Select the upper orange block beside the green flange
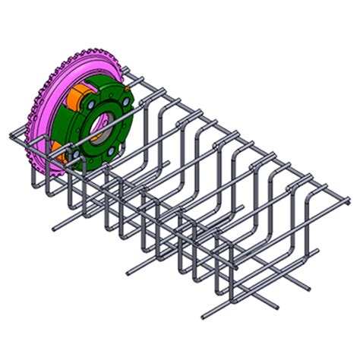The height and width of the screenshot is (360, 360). click(x=75, y=99)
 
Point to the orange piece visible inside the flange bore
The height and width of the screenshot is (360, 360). click(x=97, y=137)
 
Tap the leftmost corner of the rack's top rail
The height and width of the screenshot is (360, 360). click(x=10, y=139)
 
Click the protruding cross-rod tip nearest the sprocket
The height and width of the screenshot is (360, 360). click(x=54, y=226)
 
